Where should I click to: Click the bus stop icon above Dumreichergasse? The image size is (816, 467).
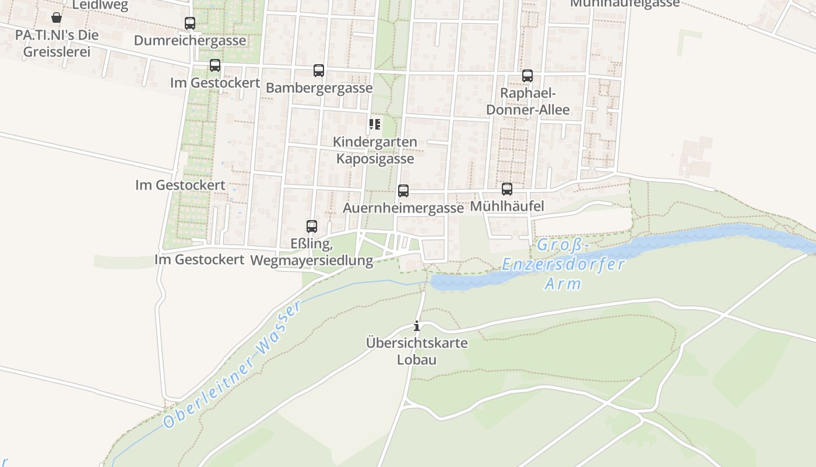(x=190, y=23)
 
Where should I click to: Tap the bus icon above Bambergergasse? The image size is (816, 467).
(x=319, y=71)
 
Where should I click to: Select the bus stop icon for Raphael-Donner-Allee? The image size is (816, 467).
(x=527, y=76)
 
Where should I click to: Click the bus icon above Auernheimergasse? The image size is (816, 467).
(x=403, y=191)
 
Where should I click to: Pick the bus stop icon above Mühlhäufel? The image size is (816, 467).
(x=507, y=189)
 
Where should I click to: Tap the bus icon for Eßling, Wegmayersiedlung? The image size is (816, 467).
(x=312, y=226)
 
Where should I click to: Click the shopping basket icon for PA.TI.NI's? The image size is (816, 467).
(x=57, y=18)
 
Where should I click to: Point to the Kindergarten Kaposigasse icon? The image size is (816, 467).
(x=374, y=124)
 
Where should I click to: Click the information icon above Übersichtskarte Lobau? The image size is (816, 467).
(x=417, y=326)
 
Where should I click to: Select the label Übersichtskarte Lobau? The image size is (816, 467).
(x=417, y=351)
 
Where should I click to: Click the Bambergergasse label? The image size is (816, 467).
(x=319, y=88)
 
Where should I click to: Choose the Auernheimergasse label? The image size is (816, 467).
(x=403, y=208)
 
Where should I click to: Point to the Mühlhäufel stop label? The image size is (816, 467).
(x=507, y=207)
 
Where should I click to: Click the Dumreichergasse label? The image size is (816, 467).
(x=190, y=41)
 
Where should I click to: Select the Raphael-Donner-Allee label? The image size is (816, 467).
(x=527, y=102)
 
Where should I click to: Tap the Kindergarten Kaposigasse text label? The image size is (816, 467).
(x=376, y=150)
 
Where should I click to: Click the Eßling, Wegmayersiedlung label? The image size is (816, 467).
(x=312, y=252)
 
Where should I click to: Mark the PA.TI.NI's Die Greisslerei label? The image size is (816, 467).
(x=57, y=43)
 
